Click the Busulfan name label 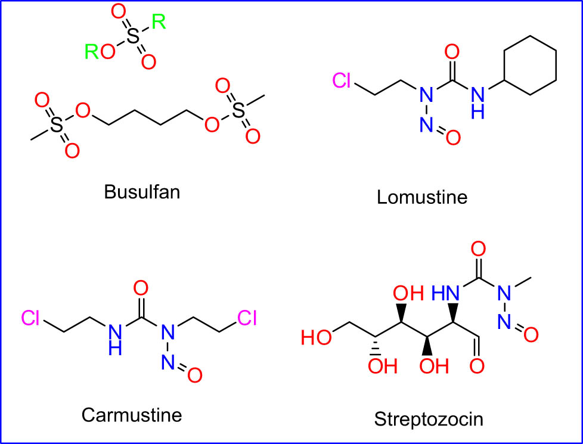tap(142, 192)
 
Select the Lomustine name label tap(422, 197)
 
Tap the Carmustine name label tap(132, 414)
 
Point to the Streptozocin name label tap(429, 419)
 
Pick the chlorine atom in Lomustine tap(342, 80)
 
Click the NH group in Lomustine tap(477, 103)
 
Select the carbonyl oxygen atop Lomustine tap(452, 52)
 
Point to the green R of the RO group tap(92, 51)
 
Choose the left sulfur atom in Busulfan tap(56, 125)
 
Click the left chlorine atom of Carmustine tap(30, 318)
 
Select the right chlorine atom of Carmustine tap(247, 318)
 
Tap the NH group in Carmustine tap(115, 340)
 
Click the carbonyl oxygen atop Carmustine tap(141, 288)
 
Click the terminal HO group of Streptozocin tap(316, 338)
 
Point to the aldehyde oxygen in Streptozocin tap(477, 366)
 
